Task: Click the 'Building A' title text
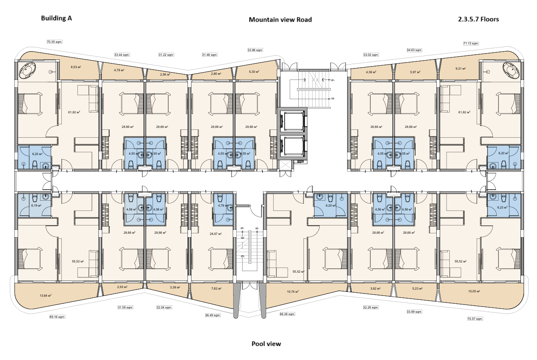pyautogui.click(x=56, y=18)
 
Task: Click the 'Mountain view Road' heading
pyautogui.click(x=280, y=20)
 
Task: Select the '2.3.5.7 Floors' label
pyautogui.click(x=478, y=19)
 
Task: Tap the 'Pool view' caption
pyautogui.click(x=266, y=344)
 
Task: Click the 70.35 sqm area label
pyautogui.click(x=54, y=42)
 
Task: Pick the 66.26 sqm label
pyautogui.click(x=287, y=314)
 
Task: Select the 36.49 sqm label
pyautogui.click(x=213, y=315)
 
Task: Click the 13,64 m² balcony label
pyautogui.click(x=46, y=295)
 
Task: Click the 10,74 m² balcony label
pyautogui.click(x=293, y=292)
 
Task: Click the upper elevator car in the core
pyautogui.click(x=292, y=121)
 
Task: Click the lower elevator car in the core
pyautogui.click(x=292, y=146)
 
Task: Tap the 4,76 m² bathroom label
pyautogui.click(x=223, y=205)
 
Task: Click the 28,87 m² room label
pyautogui.click(x=216, y=234)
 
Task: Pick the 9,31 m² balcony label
pyautogui.click(x=460, y=68)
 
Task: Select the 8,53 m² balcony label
pyautogui.click(x=76, y=67)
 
